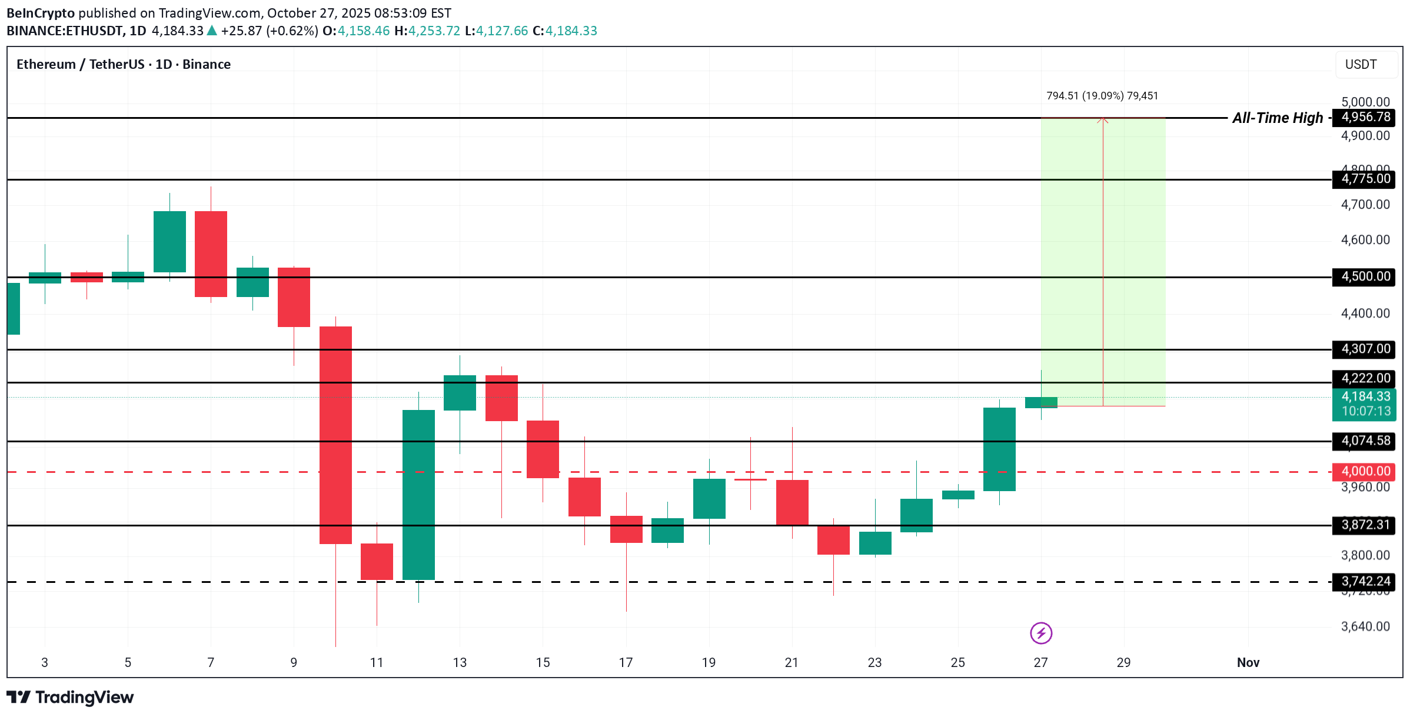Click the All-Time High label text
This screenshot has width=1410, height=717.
tap(1277, 118)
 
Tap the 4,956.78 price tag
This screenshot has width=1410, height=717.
tap(1365, 117)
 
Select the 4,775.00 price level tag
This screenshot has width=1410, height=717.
tap(1365, 179)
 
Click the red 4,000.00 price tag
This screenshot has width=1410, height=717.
tap(1365, 471)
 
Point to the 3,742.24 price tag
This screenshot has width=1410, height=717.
tap(1365, 581)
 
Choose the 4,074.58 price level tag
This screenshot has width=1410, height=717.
tap(1365, 441)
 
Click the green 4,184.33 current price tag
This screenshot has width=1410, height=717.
tap(1365, 397)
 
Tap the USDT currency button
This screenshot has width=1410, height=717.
tap(1361, 65)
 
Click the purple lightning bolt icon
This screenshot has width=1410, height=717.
tap(1041, 633)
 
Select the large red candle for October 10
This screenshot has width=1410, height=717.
tap(335, 435)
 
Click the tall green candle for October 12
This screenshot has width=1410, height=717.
tap(418, 494)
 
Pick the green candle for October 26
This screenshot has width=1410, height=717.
tap(999, 449)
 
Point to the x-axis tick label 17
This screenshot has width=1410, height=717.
tap(626, 663)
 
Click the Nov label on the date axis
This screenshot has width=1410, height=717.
tap(1248, 663)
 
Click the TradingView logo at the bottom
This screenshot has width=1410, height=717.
tap(70, 698)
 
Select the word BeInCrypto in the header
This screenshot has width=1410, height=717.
tap(41, 13)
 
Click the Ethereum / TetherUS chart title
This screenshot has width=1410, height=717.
tap(123, 65)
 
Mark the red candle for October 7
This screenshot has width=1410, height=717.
tap(211, 254)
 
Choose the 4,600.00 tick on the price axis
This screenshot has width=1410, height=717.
tap(1365, 240)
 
